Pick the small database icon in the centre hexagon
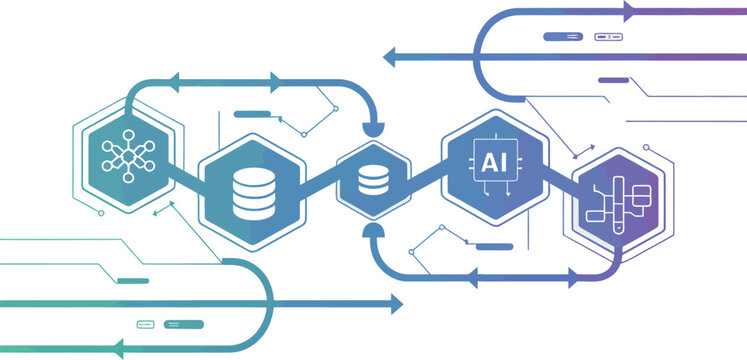[x=373, y=180]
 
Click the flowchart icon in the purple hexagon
[x=617, y=200]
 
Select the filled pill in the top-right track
[x=563, y=37]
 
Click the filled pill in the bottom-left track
[x=184, y=324]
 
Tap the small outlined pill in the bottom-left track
[x=146, y=324]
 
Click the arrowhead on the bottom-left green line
[x=118, y=349]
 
